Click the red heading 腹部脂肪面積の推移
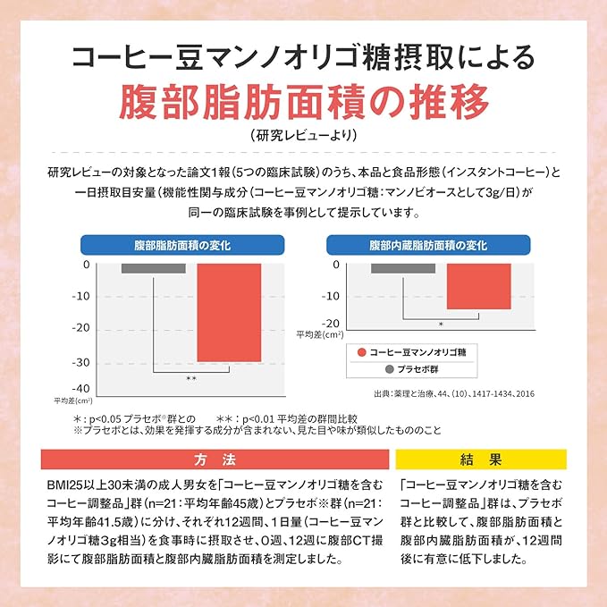point(304,101)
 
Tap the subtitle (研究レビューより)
point(304,135)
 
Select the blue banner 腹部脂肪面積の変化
point(182,245)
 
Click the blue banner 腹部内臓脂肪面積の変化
point(428,245)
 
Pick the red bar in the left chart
point(229,313)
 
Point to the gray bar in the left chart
point(153,268)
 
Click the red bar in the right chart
point(479,286)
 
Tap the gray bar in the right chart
point(403,268)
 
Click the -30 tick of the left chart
point(81,363)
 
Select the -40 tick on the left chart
point(81,388)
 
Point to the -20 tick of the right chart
point(330,324)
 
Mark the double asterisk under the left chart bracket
point(191,379)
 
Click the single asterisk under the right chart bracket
point(441,325)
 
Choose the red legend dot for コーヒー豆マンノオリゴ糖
point(361,352)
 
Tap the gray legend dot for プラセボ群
point(390,369)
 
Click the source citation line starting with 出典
point(454,393)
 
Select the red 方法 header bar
point(215,459)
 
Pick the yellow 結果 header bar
point(481,459)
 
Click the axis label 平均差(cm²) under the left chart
point(73,400)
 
